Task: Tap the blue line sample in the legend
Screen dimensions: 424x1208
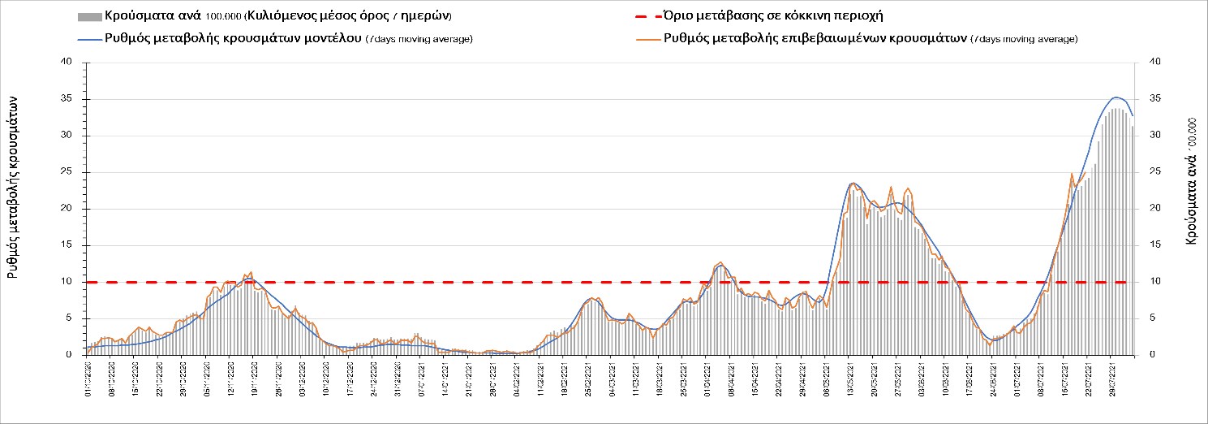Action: (x=88, y=39)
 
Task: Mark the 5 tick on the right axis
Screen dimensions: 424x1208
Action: (x=1153, y=318)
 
